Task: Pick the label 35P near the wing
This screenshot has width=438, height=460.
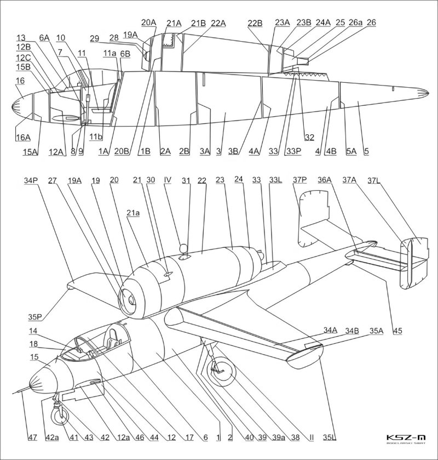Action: [35, 317]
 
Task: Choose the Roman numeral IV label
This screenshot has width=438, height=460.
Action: [168, 179]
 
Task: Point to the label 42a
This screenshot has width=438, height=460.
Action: [51, 437]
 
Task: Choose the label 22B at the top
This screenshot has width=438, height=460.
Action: [255, 24]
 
